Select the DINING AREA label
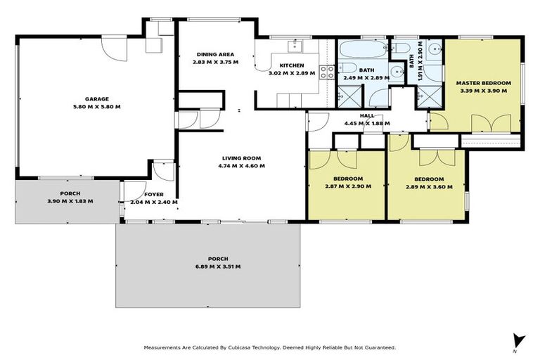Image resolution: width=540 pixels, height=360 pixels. pyautogui.click(x=215, y=54)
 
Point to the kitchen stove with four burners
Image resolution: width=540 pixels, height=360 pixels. pyautogui.click(x=327, y=71)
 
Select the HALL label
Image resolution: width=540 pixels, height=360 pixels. pyautogui.click(x=366, y=116)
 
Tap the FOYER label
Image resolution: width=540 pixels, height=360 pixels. pyautogui.click(x=154, y=194)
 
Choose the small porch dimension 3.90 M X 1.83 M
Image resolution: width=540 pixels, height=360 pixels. pyautogui.click(x=70, y=201)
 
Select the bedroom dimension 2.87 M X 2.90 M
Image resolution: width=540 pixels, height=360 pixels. pyautogui.click(x=348, y=187)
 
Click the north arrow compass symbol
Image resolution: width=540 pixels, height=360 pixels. pyautogui.click(x=519, y=340)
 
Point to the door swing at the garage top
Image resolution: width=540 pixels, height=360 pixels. pyautogui.click(x=112, y=48)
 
